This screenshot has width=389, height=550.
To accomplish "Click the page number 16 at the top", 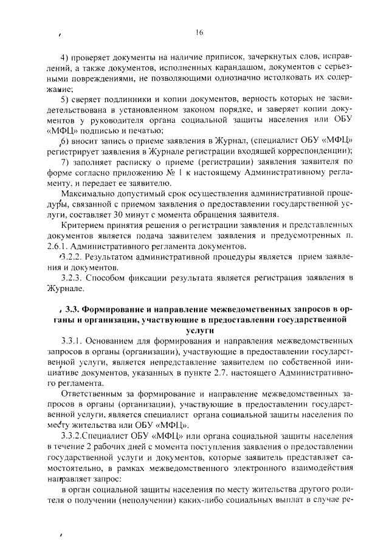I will coord(199,32).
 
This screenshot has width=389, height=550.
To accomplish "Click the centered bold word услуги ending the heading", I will coord(200,329).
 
